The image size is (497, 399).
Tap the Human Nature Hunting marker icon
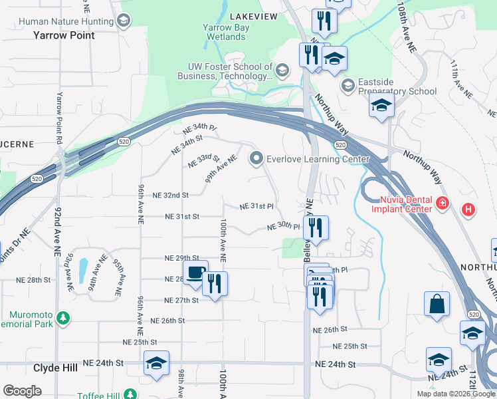(x=123, y=21)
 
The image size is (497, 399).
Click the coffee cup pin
(x=195, y=273)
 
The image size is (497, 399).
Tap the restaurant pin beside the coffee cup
(x=215, y=283)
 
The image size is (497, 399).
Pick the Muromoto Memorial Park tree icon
(x=63, y=318)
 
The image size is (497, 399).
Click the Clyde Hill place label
(x=57, y=367)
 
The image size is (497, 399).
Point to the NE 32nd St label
(x=171, y=196)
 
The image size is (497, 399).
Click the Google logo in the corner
(x=22, y=390)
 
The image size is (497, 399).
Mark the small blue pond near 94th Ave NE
(x=82, y=270)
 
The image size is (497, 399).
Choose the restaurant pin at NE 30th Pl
(x=316, y=227)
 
